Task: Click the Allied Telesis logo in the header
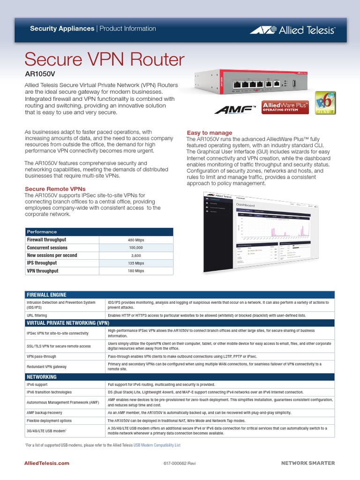pos(292,30)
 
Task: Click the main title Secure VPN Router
pos(105,60)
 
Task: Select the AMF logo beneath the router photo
pos(235,109)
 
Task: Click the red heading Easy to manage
pos(210,133)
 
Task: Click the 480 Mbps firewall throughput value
pos(136,240)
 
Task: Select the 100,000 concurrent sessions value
pos(136,247)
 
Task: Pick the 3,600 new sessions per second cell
pos(136,255)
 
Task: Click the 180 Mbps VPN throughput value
pos(136,271)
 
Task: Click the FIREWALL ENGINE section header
pos(46,294)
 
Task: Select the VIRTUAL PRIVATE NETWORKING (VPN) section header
pos(68,323)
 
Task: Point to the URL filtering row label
pos(37,315)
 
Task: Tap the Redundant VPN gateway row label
pos(46,367)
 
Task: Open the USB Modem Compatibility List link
pos(157,444)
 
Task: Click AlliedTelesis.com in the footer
pos(47,463)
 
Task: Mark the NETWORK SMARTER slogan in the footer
pos(308,463)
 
